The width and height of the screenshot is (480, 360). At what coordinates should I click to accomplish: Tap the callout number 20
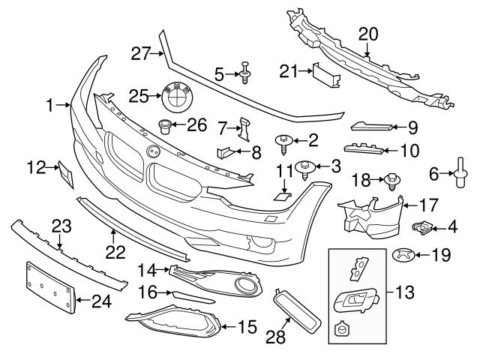pyautogui.click(x=368, y=33)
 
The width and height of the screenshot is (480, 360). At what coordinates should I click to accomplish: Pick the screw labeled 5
pyautogui.click(x=244, y=73)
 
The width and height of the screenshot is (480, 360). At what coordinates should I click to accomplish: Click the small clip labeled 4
pyautogui.click(x=423, y=225)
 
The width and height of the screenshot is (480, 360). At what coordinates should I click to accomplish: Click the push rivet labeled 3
pyautogui.click(x=304, y=167)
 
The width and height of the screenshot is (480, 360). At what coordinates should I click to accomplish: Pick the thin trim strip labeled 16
pyautogui.click(x=190, y=297)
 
